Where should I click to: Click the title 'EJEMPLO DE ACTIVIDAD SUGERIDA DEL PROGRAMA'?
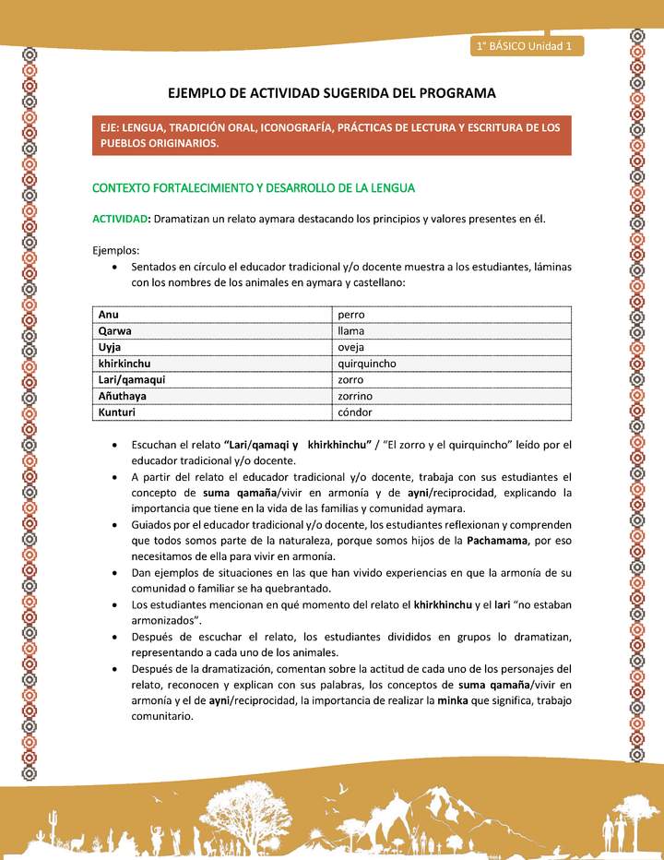point(332,93)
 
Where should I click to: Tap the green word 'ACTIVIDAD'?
point(120,219)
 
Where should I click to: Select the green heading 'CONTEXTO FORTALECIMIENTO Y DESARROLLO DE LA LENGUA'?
point(254,187)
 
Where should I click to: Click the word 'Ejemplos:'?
point(115,250)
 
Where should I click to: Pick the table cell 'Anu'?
point(109,314)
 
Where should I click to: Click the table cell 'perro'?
point(351,314)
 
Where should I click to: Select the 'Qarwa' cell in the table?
point(114,330)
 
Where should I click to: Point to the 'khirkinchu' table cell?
point(125,364)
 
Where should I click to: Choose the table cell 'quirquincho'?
point(367,364)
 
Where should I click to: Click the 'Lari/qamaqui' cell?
point(132,380)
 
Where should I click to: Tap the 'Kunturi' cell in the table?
point(117,412)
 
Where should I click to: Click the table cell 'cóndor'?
point(355,412)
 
